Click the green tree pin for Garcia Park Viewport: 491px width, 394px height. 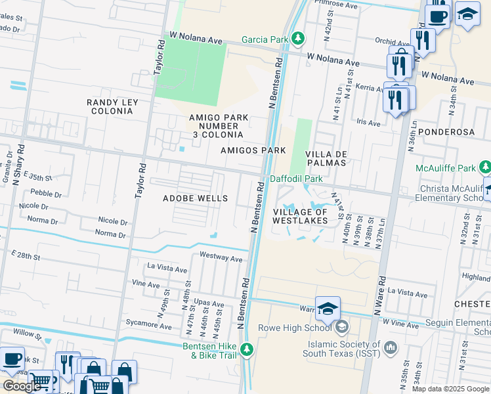(x=298, y=39)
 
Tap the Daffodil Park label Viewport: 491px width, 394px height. (x=296, y=179)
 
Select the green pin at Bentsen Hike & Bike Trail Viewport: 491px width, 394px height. (x=247, y=349)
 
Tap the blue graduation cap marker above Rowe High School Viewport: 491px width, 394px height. (x=328, y=308)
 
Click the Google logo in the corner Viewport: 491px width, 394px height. (x=22, y=386)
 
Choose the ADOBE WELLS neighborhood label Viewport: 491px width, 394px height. (x=195, y=198)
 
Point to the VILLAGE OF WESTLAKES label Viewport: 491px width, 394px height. (x=300, y=217)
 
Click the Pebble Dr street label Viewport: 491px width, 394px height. (x=46, y=194)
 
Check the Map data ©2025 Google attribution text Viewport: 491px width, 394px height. (x=450, y=389)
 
